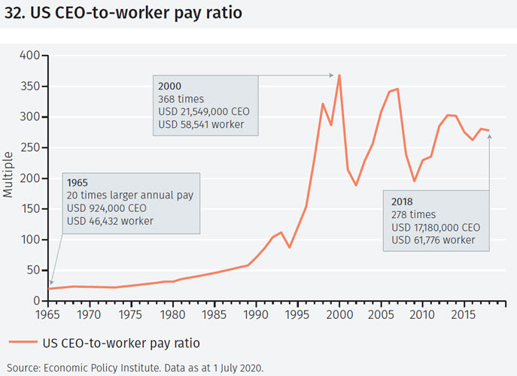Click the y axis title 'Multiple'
pos(8,178)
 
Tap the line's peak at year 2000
pos(339,75)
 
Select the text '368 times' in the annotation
pos(181,99)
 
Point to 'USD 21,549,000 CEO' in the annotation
pos(203,111)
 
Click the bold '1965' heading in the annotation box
pos(78,183)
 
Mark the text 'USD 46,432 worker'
pos(110,221)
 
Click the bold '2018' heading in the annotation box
pos(403,202)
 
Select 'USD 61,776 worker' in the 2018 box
pos(433,240)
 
